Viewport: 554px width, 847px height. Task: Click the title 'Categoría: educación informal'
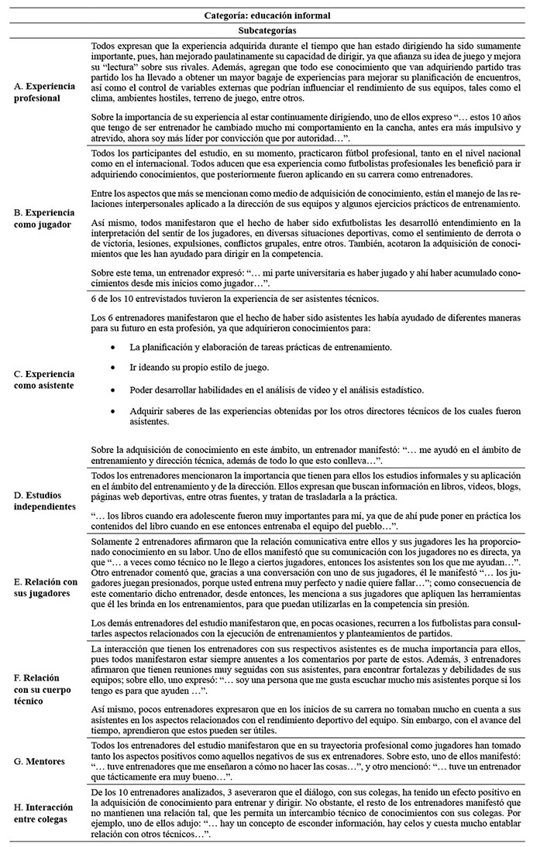coord(277,15)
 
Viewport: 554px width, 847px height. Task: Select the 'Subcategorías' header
coord(277,31)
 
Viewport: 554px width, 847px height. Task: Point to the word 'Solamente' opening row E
coord(115,538)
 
